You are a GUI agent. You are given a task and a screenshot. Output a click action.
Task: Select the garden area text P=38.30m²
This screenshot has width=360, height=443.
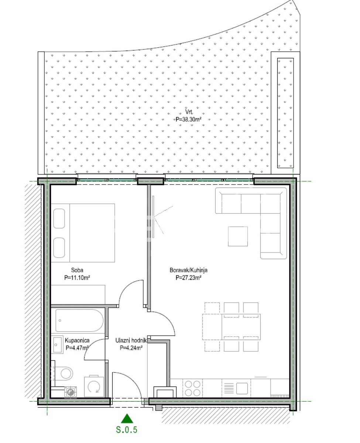[188, 119]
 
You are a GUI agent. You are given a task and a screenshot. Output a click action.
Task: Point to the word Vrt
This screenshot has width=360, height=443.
[189, 112]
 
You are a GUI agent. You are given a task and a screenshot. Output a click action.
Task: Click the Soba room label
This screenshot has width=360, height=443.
[77, 270]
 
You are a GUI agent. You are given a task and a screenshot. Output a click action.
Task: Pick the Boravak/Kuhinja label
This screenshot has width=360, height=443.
[188, 270]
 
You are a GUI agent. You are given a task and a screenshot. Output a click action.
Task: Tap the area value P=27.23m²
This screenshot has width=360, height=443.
[188, 278]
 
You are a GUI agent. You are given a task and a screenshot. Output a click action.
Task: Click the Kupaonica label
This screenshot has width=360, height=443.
[77, 340]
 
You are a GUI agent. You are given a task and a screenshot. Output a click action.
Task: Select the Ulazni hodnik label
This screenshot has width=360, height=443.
[131, 340]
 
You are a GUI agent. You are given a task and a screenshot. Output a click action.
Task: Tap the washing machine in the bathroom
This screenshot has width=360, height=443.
[94, 387]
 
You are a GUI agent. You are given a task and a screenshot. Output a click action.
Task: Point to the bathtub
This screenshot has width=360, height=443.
[79, 320]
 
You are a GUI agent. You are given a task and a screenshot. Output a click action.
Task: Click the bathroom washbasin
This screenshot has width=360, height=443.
[57, 345]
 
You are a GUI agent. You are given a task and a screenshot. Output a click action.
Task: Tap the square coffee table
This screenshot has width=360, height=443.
[238, 237]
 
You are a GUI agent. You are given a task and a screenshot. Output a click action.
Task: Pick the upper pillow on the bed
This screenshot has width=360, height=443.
[59, 219]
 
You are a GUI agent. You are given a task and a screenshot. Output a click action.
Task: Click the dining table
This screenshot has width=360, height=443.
[231, 327]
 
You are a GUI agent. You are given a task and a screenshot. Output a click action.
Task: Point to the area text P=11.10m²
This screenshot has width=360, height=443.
[77, 278]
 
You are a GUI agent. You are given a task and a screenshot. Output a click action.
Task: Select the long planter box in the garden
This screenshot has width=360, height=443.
[285, 113]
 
